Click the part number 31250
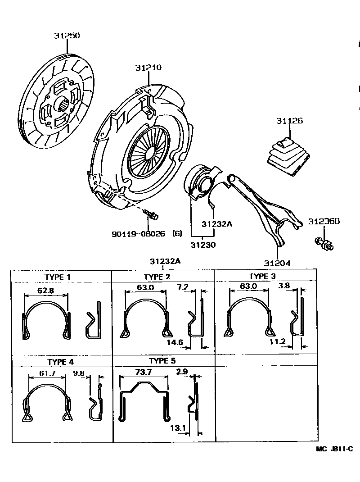pyautogui.click(x=67, y=36)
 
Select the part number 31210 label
pyautogui.click(x=148, y=68)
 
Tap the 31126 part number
pyautogui.click(x=289, y=121)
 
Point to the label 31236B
pyautogui.click(x=324, y=221)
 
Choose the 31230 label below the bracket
pyautogui.click(x=203, y=245)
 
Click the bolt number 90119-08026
pyautogui.click(x=139, y=234)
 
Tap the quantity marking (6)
pyautogui.click(x=177, y=234)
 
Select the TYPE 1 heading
pyautogui.click(x=60, y=277)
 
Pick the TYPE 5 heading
pyautogui.click(x=162, y=361)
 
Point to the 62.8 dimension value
pyautogui.click(x=45, y=291)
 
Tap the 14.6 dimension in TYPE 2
pyautogui.click(x=175, y=342)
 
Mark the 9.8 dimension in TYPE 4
pyautogui.click(x=79, y=373)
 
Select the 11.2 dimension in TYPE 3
pyautogui.click(x=278, y=341)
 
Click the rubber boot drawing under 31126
pyautogui.click(x=288, y=155)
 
